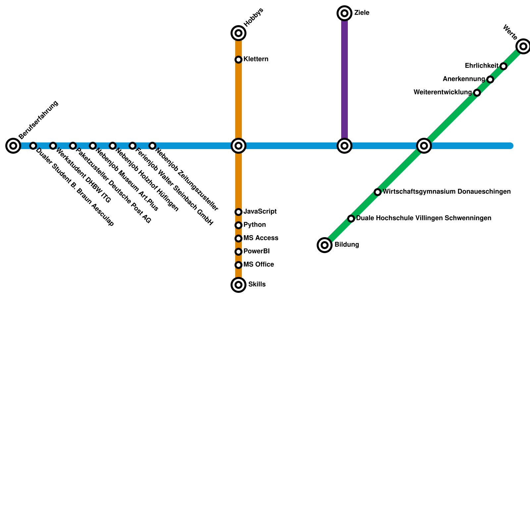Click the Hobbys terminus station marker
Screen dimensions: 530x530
238,33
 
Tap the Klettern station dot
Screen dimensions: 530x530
238,60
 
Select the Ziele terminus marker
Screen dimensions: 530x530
344,13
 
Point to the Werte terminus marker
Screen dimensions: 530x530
523,46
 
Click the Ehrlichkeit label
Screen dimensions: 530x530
481,66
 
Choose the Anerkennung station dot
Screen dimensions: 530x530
490,79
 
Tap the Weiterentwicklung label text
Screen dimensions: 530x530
443,92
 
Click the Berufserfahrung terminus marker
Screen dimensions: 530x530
13,146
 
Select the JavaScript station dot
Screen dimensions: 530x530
238,212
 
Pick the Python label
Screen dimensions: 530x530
254,225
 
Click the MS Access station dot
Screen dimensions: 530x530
238,238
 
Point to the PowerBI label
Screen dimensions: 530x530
256,251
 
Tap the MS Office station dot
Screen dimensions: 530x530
238,265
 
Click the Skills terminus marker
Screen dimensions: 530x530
238,285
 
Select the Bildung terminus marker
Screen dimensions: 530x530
325,245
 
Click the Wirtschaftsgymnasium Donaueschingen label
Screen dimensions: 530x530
447,192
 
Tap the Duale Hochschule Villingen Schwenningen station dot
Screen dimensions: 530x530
351,219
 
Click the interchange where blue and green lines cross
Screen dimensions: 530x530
424,146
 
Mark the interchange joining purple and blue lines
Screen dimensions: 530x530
344,146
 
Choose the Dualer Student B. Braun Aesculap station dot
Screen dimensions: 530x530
33,146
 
